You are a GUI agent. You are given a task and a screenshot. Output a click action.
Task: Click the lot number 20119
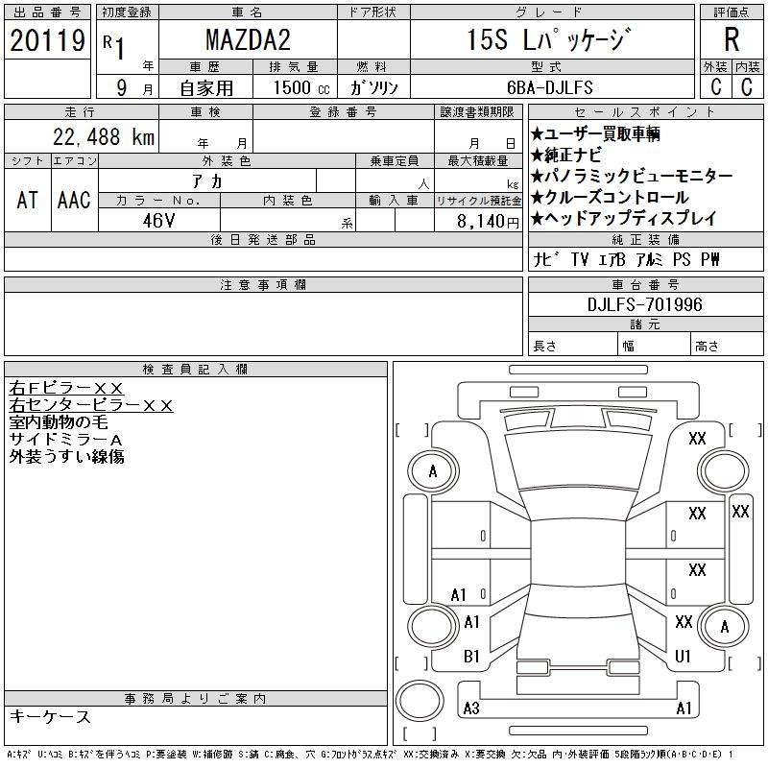coord(47,40)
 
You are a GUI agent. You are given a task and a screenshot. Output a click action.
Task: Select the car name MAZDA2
coord(248,39)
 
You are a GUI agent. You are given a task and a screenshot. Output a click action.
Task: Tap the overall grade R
coord(732,39)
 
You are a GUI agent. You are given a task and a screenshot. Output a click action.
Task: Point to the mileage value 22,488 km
coord(104,137)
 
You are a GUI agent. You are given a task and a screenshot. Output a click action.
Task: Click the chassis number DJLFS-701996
coord(644,304)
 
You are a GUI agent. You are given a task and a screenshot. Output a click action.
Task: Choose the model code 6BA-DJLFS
coord(549,87)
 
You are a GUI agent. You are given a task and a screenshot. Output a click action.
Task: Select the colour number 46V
coord(158,221)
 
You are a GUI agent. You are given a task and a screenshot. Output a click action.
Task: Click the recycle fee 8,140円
coord(488,222)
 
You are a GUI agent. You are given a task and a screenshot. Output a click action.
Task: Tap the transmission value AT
coord(28,200)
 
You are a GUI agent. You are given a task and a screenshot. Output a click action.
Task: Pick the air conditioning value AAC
coord(74,200)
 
